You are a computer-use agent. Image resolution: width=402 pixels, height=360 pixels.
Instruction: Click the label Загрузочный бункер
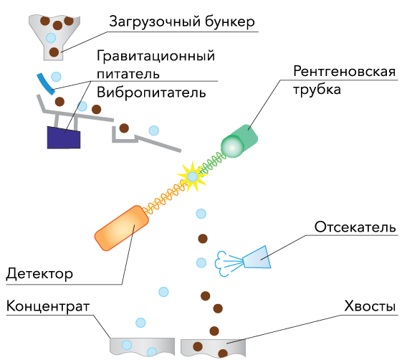coord(182,22)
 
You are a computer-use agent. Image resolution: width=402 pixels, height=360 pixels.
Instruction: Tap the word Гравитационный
coord(156,56)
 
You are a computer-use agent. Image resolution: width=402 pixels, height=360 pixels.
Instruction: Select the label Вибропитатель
coord(151,92)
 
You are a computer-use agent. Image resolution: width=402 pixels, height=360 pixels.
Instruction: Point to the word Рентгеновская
coord(344,71)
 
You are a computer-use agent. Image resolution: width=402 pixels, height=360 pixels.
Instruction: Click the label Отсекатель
coord(355,227)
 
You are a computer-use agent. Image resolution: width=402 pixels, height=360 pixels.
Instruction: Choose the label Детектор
coord(39,274)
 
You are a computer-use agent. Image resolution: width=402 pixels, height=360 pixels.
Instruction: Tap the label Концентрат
coord(48,306)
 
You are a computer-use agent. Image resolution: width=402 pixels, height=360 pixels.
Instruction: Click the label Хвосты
coord(370,306)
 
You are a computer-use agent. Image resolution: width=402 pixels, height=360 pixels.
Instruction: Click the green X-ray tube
coord(239,141)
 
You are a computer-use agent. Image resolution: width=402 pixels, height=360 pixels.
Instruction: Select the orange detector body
coord(122,228)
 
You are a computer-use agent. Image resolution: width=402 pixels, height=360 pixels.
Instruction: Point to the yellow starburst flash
coord(192,176)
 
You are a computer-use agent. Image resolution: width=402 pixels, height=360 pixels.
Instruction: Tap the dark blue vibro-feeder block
coord(64,138)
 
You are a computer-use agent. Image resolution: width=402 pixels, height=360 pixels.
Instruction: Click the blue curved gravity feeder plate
coord(46,84)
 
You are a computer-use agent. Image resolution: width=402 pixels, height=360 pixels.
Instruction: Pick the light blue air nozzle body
coord(257,258)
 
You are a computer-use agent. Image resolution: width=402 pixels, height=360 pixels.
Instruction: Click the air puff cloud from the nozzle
coord(221,263)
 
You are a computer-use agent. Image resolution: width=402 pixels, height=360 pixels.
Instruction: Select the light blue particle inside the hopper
coord(51,38)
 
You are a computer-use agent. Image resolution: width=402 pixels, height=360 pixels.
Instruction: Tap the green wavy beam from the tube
coord(213,162)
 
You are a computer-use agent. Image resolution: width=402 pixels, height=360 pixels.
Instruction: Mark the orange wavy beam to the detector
coord(166,196)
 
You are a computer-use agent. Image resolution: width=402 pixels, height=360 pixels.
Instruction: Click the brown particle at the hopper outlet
coord(54,52)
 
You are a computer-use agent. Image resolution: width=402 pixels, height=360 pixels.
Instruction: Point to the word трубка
coord(317,90)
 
